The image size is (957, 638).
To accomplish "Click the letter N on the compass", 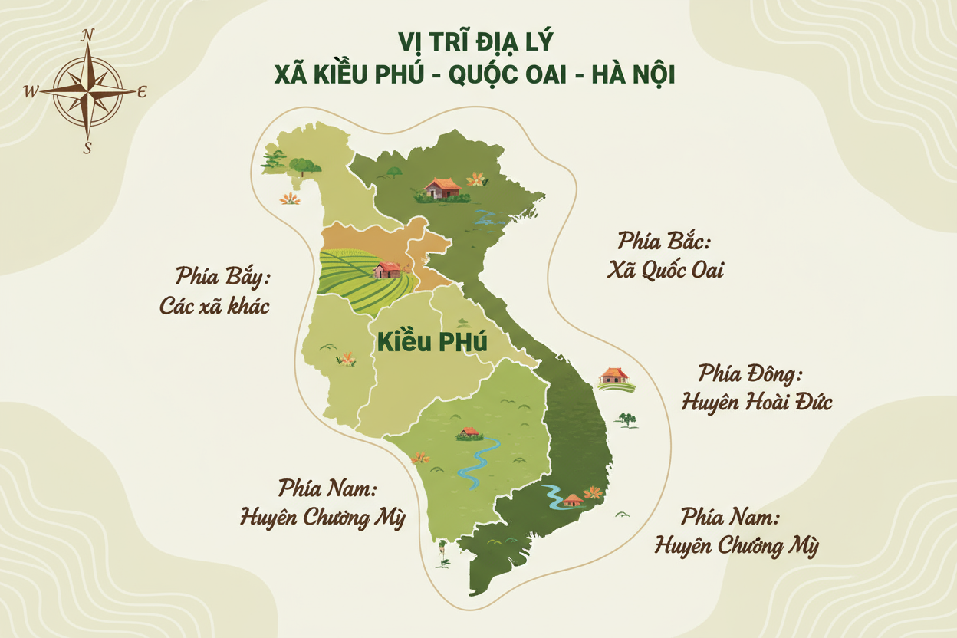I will [x=88, y=35].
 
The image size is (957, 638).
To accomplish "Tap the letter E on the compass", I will [x=142, y=91].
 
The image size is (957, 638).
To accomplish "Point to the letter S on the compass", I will [x=87, y=148].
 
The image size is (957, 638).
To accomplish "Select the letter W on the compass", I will [x=31, y=91].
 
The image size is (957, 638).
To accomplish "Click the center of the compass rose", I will [x=87, y=90].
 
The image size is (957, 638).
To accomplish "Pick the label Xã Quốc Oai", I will [x=665, y=271].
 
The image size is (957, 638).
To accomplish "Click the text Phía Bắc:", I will [x=665, y=241].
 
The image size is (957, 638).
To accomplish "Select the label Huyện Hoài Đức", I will [x=756, y=401].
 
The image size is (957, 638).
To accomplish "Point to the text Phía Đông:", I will [x=749, y=374].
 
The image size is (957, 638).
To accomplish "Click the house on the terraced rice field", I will [x=387, y=269].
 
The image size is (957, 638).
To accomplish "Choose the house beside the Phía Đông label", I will [x=613, y=375].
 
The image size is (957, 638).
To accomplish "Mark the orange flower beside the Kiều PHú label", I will [x=348, y=358].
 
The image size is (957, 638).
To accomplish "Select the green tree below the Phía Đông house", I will [x=626, y=419].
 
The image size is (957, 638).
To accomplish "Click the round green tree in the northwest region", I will [x=305, y=166].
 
